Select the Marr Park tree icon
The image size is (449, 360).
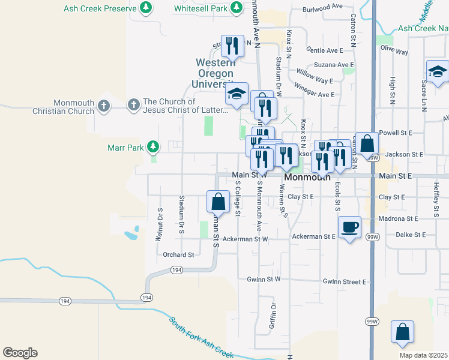click(154, 146)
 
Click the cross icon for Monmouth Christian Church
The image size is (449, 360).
click(104, 106)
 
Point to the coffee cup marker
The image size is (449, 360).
click(349, 227)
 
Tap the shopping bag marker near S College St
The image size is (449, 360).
click(218, 202)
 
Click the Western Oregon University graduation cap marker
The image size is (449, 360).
click(237, 94)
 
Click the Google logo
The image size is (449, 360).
click(20, 353)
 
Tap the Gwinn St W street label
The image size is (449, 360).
click(264, 280)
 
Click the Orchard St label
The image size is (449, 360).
click(178, 254)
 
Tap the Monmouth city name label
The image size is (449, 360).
click(307, 178)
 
